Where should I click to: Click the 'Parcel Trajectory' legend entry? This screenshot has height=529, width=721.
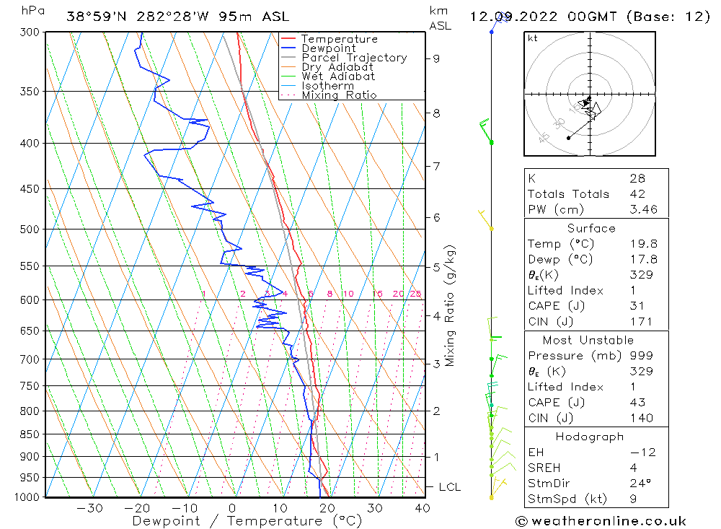[354, 58]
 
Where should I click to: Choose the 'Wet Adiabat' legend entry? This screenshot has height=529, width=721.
[338, 76]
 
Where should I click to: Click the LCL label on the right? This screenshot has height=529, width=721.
[449, 487]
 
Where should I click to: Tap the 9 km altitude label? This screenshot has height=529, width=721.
[436, 58]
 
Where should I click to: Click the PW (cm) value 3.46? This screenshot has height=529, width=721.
[637, 209]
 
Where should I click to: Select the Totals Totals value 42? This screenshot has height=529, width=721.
[637, 193]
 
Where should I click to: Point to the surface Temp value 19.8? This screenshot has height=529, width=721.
[637, 244]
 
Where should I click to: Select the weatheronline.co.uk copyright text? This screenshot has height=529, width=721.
[601, 521]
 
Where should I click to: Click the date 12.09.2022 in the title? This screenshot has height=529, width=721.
[512, 17]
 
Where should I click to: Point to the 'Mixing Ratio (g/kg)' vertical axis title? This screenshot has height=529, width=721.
[450, 305]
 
